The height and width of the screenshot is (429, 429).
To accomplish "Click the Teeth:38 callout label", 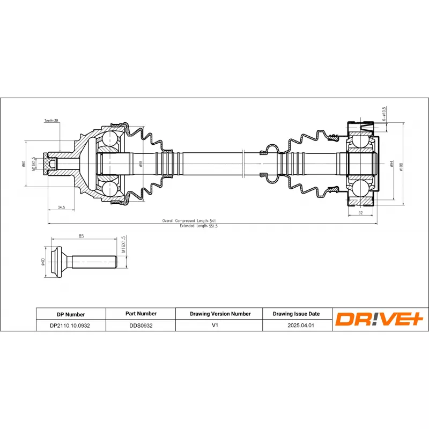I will pos(51,121).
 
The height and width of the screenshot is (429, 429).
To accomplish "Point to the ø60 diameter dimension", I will pos(24,164).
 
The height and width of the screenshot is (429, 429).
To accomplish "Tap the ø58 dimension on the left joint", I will pos(141,163).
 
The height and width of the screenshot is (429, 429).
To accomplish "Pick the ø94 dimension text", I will pos(392,164).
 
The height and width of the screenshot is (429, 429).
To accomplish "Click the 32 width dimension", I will pos(360,213).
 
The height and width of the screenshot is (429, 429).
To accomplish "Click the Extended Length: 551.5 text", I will pos(198,226).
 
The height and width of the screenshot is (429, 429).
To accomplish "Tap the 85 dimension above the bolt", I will pos(81,235).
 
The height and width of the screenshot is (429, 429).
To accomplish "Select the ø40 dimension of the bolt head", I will pos(42,262).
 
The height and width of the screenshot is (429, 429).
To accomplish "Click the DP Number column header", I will pos(70,314).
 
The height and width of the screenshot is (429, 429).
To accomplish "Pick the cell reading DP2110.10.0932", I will pos(70,326).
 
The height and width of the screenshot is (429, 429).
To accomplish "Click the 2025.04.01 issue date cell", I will pos(297,326).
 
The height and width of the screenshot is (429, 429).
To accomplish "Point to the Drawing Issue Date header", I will pos(296,314).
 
